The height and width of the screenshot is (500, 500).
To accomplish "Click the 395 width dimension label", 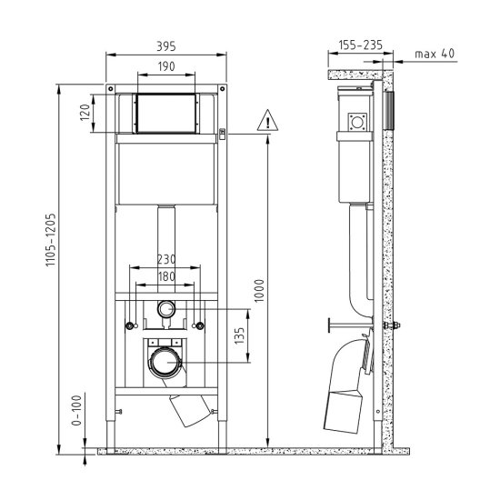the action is click(165, 46).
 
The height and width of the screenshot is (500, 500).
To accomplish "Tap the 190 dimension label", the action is click(166, 66).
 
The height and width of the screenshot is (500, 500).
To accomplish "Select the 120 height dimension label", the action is click(85, 112).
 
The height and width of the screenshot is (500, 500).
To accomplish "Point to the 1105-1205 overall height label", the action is click(50, 240).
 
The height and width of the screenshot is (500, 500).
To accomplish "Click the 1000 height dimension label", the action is click(260, 291).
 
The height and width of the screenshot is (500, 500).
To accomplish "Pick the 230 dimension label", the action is click(166, 259).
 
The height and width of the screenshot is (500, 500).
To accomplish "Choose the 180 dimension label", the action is click(166, 276).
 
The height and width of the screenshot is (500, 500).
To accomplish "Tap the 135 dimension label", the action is click(239, 335).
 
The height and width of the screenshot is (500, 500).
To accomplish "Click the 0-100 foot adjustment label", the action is click(76, 410).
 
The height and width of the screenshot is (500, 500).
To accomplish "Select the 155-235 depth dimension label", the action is click(360, 45).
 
